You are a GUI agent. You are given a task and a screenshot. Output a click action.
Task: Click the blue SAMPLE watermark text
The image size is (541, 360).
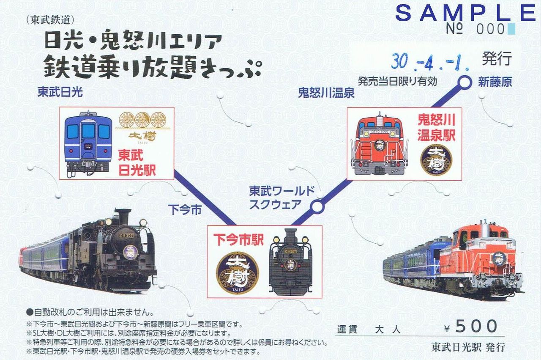[x=465, y=13]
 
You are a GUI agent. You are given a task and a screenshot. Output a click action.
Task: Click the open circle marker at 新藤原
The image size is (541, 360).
[x=465, y=82]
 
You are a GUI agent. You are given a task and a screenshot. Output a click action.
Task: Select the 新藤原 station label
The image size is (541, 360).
[x=495, y=82]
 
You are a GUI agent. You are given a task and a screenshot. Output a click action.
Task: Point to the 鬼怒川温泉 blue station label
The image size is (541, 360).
[x=326, y=93]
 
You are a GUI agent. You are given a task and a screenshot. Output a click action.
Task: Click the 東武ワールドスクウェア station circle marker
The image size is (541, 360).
[x=317, y=206]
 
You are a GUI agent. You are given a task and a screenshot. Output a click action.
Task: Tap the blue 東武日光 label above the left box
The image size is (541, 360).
[x=60, y=93]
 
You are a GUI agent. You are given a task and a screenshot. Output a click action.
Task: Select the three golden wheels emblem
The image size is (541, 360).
[x=142, y=120]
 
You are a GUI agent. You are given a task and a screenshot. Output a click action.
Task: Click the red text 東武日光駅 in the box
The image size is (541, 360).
[x=137, y=162]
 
